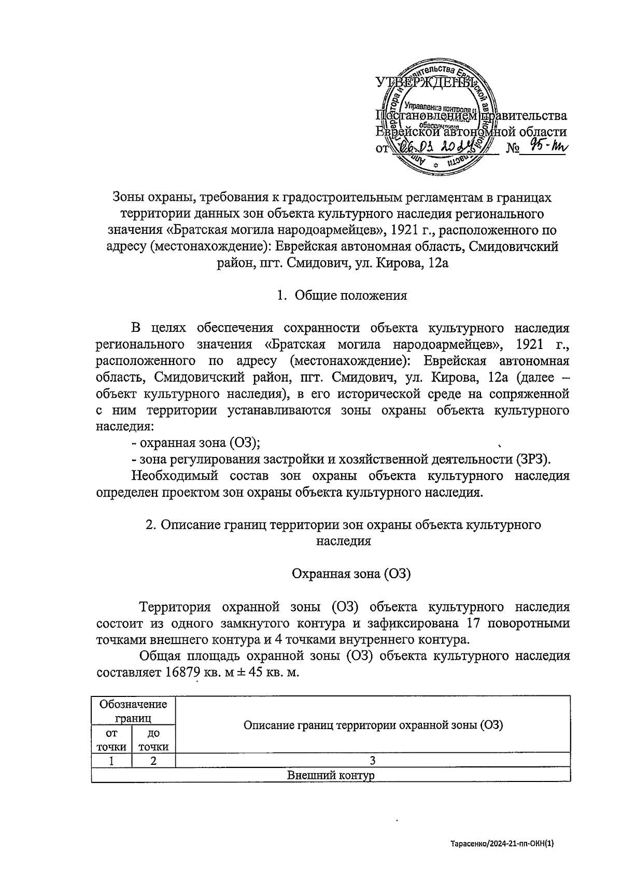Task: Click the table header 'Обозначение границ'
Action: (x=133, y=711)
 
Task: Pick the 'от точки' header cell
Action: (x=111, y=740)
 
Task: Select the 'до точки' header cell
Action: (x=154, y=740)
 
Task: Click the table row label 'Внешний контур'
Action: (x=330, y=776)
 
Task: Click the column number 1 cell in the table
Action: (x=111, y=761)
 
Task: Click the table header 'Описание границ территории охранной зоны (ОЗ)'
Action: (x=373, y=725)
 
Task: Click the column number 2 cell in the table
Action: (x=154, y=761)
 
